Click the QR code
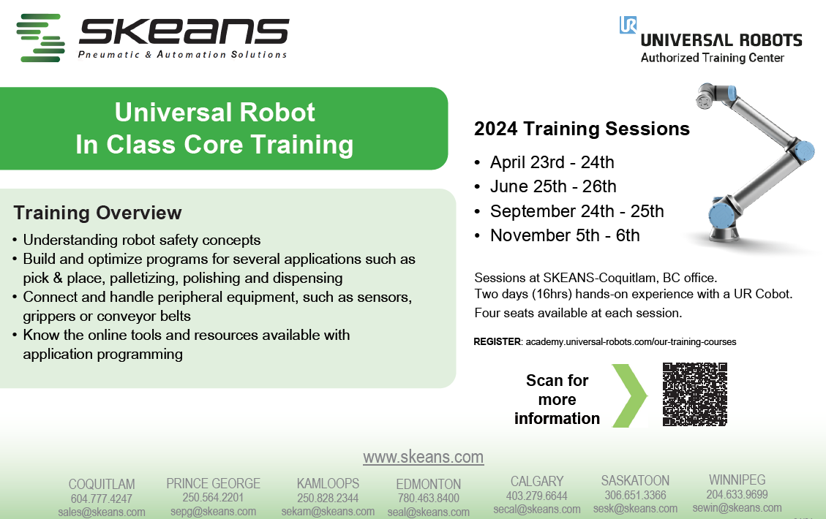click(x=695, y=394)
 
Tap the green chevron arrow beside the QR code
click(x=630, y=395)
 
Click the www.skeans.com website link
click(x=423, y=457)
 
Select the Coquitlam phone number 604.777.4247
click(x=101, y=499)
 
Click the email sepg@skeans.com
click(x=214, y=511)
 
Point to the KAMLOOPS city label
click(x=328, y=483)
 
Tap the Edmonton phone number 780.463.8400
click(x=428, y=498)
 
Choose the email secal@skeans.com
click(x=537, y=509)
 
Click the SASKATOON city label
click(x=635, y=480)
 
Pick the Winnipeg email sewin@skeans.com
click(x=737, y=508)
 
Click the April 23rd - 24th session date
click(x=552, y=162)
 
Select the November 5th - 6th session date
click(x=565, y=235)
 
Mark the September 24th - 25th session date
click(x=577, y=211)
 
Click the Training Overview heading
click(x=97, y=213)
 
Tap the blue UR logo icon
click(x=628, y=25)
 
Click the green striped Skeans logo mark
click(x=40, y=38)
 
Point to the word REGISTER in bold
click(x=498, y=341)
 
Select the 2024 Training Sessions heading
click(x=582, y=129)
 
